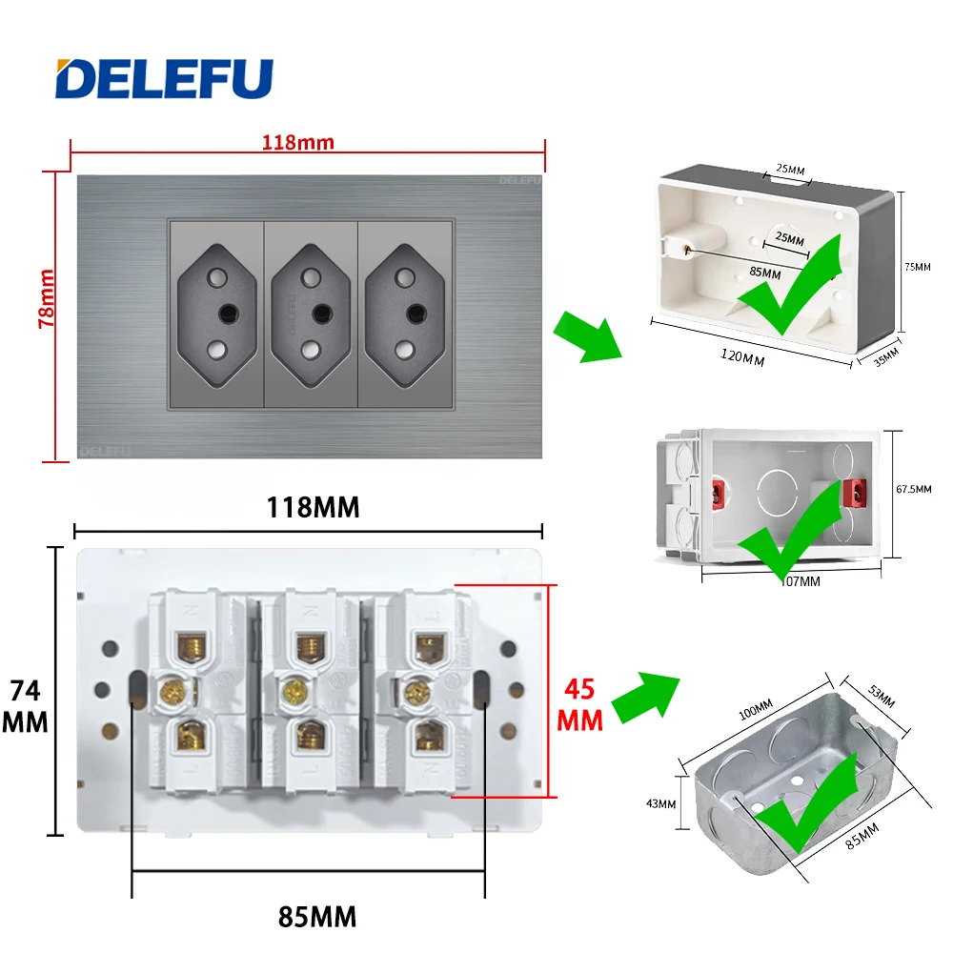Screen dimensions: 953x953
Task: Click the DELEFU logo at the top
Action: [x=164, y=79]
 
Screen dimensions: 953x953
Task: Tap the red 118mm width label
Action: [x=298, y=143]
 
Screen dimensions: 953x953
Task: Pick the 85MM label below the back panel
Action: [x=317, y=917]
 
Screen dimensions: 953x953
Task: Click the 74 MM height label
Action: [x=25, y=706]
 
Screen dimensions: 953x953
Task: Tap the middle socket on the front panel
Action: [x=310, y=314]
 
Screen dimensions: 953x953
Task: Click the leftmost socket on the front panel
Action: [x=215, y=314]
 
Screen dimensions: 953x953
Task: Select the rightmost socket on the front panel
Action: [x=404, y=314]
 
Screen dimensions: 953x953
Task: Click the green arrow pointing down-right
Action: [x=588, y=339]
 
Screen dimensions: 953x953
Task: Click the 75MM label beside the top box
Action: [x=916, y=268]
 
